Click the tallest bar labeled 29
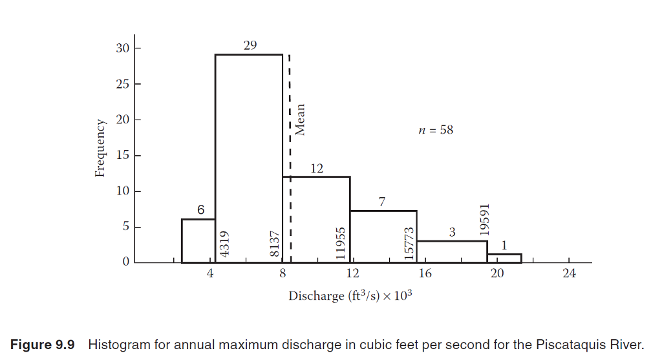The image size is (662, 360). point(249,155)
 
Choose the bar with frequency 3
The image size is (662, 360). point(452,251)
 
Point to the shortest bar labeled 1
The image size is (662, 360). point(504,258)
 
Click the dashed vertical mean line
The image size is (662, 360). point(290,162)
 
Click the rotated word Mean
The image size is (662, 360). point(300,120)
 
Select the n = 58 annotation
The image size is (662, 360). point(436,130)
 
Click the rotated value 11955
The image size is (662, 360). point(342,242)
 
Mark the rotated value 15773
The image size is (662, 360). point(409,242)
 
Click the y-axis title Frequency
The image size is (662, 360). point(100,148)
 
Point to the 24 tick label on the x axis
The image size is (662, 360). point(568,273)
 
